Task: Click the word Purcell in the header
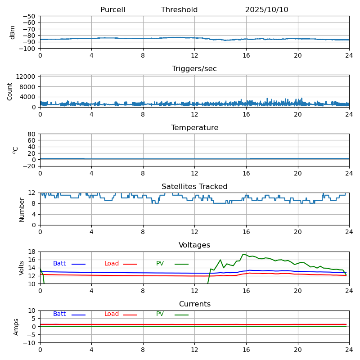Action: [112, 10]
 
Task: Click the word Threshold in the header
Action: [179, 10]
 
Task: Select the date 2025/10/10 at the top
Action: [266, 10]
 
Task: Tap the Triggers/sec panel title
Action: [194, 69]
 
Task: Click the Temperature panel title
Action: [194, 128]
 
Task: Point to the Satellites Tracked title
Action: [194, 187]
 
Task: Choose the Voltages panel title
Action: [194, 245]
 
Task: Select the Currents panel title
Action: [194, 304]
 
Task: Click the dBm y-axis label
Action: [13, 32]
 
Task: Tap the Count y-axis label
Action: [10, 91]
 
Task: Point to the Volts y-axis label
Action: [22, 268]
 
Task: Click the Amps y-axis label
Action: [16, 327]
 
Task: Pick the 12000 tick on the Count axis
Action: [27, 77]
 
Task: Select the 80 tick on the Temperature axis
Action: [31, 134]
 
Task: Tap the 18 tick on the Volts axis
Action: [31, 252]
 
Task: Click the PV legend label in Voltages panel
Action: [160, 264]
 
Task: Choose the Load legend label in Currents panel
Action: [112, 314]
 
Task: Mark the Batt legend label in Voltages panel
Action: [59, 264]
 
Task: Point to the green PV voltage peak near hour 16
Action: [243, 254]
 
